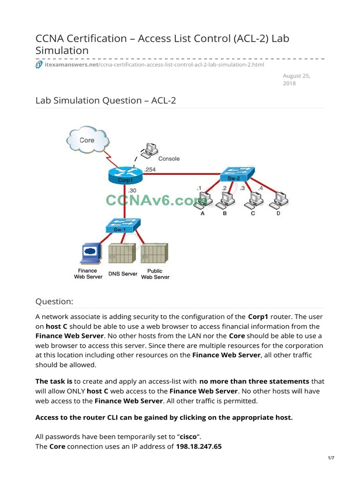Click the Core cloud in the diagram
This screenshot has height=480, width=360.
88,140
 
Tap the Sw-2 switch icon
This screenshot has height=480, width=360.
237,176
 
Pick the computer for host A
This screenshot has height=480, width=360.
202,200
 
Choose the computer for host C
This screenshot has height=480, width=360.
254,200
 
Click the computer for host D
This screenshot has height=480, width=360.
280,200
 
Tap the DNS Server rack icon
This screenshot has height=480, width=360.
122,254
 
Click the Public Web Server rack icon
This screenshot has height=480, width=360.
154,254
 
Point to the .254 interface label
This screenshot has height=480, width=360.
150,170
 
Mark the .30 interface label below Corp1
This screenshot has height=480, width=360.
132,190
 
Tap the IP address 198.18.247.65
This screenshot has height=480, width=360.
198,446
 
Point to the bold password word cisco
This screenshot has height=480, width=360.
188,437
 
